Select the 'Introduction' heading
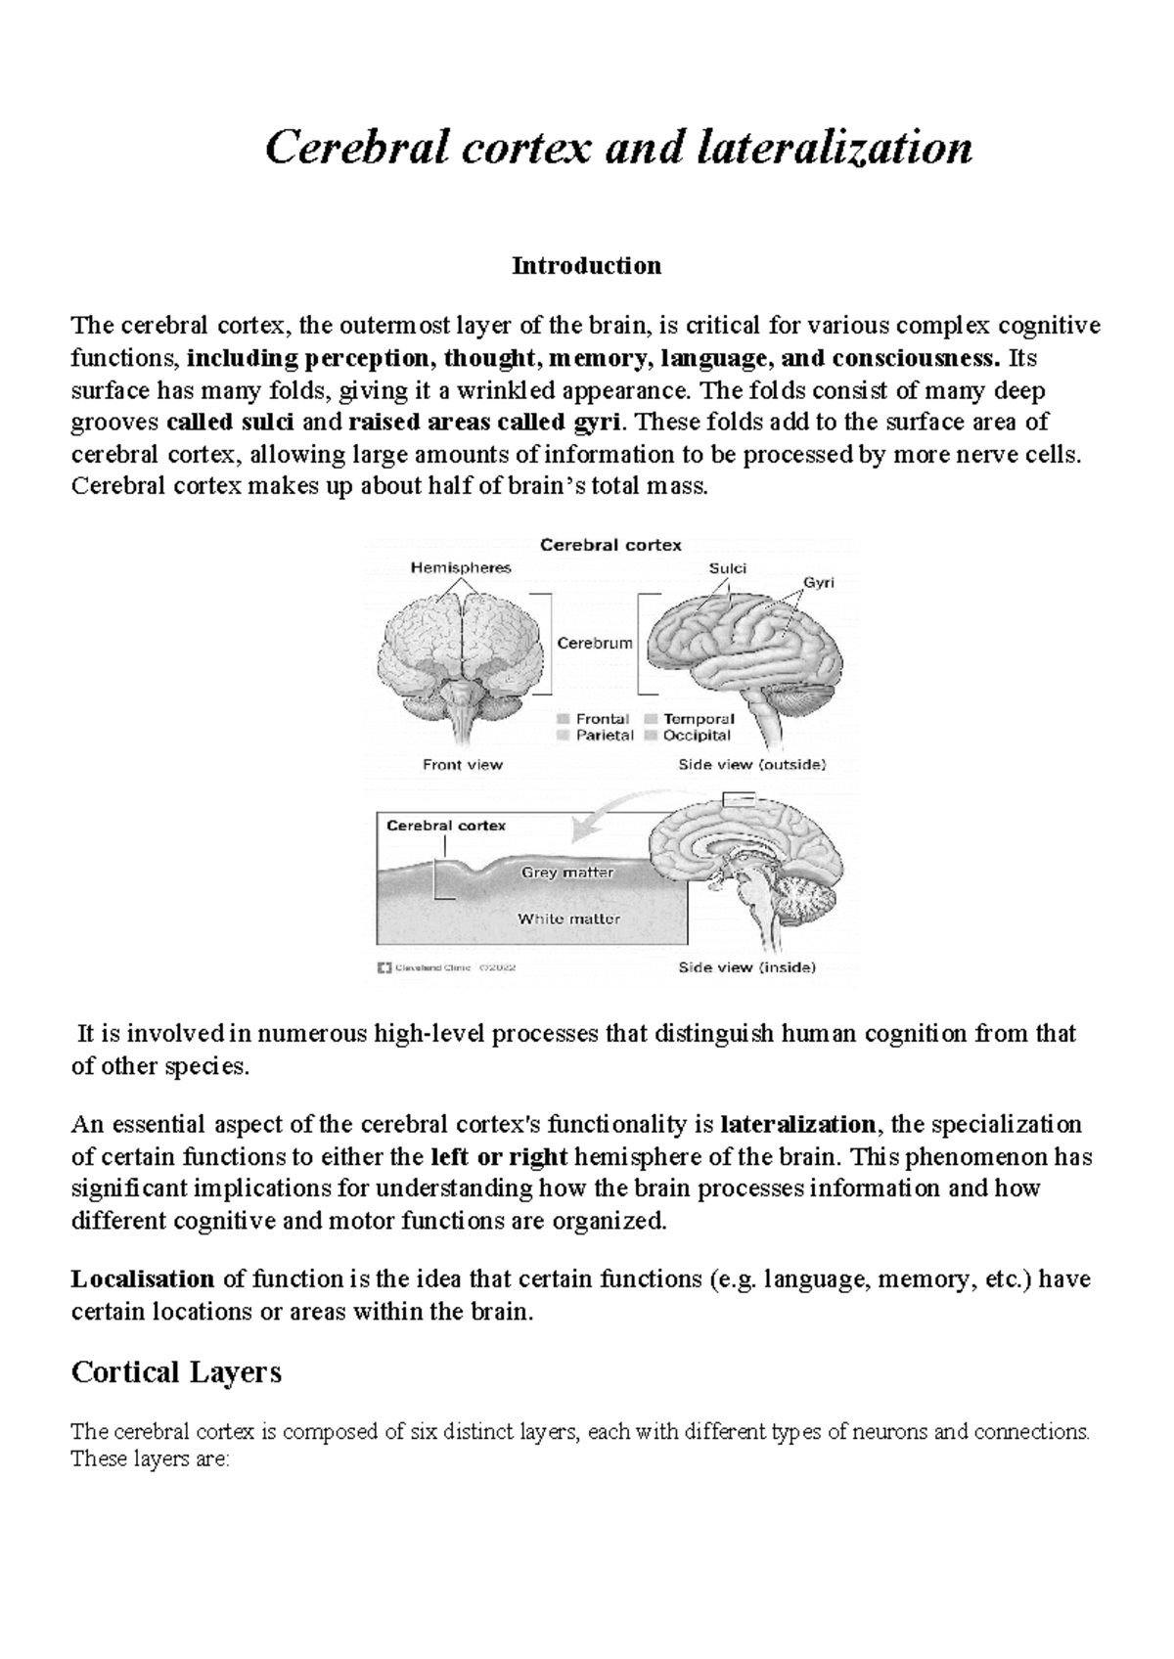(x=586, y=265)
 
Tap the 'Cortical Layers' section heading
(x=177, y=1372)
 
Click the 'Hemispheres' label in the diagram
(x=460, y=567)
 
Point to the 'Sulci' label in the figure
(x=727, y=568)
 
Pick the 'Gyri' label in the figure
(x=818, y=582)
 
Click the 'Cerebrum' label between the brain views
(x=595, y=643)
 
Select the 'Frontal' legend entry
(x=602, y=718)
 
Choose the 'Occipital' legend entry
(x=697, y=735)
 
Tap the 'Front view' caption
(x=462, y=764)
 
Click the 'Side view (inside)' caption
(x=746, y=967)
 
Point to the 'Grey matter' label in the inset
(x=567, y=872)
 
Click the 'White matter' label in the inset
(x=568, y=919)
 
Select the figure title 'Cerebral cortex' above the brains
(x=610, y=545)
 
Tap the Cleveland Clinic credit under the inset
(x=445, y=967)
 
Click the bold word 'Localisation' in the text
(x=143, y=1278)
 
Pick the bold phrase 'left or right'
(x=499, y=1156)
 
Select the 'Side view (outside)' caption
(x=751, y=764)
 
